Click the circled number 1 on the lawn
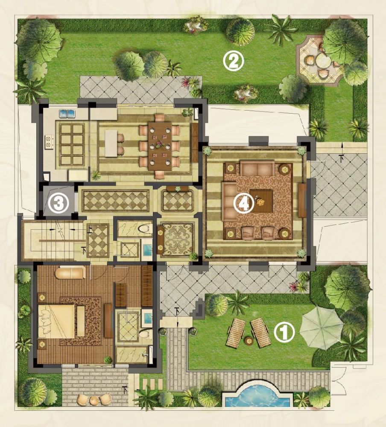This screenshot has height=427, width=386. pyautogui.click(x=284, y=332)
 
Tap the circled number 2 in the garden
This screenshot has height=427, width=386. pyautogui.click(x=234, y=61)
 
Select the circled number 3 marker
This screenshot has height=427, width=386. pyautogui.click(x=59, y=203)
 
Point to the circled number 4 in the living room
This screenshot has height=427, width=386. pyautogui.click(x=244, y=203)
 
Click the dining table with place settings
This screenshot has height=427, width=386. pyautogui.click(x=160, y=146)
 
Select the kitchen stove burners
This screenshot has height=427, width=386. pyautogui.click(x=49, y=142)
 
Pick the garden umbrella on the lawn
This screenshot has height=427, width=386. pyautogui.click(x=321, y=327)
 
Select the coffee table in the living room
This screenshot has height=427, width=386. pyautogui.click(x=261, y=201)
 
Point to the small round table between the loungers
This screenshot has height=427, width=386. pyautogui.click(x=249, y=341)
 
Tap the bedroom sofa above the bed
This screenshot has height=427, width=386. pyautogui.click(x=70, y=273)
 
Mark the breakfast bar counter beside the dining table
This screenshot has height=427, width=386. pyautogui.click(x=111, y=143)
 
